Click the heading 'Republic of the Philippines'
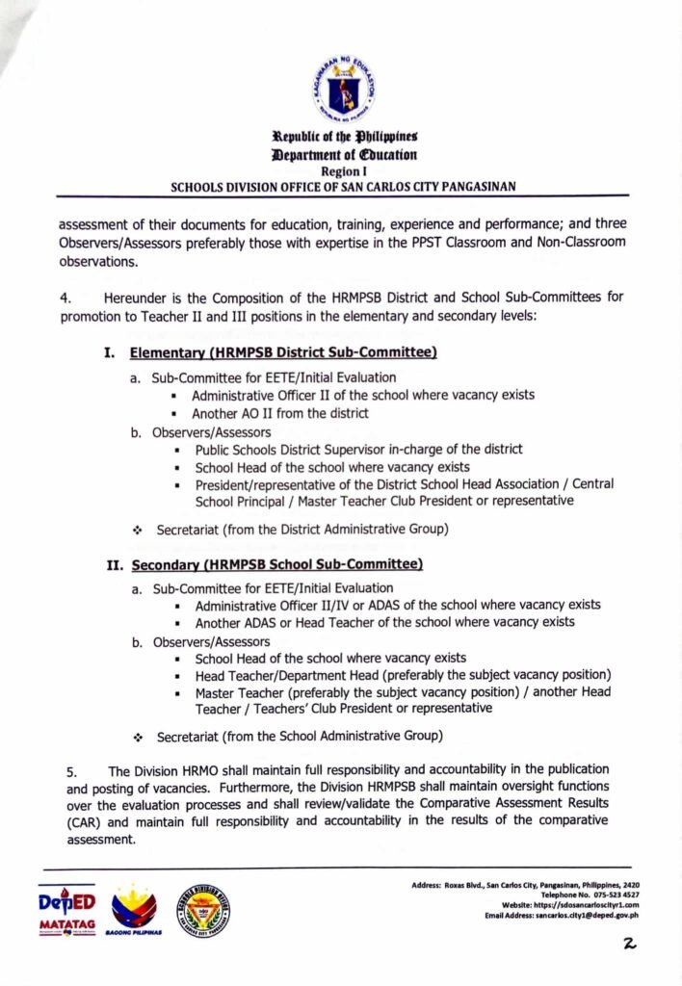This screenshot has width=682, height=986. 344,137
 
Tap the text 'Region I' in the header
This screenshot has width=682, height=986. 344,169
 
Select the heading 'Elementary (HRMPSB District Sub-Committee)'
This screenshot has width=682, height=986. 283,353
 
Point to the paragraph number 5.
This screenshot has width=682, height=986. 71,771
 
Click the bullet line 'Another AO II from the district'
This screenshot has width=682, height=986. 279,413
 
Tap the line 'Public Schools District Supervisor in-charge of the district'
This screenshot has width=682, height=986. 358,450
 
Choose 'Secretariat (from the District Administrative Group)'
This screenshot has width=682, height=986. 302,529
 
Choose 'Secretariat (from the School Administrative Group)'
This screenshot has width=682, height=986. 300,738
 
